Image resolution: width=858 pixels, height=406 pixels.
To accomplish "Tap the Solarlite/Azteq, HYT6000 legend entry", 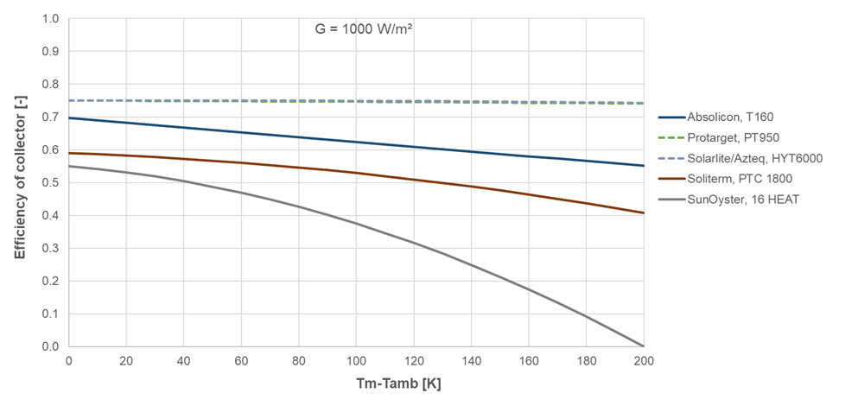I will [x=754, y=158].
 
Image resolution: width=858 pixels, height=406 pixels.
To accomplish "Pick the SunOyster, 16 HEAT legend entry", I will [x=742, y=200].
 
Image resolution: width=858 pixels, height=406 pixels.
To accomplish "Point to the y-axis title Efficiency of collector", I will [x=19, y=182].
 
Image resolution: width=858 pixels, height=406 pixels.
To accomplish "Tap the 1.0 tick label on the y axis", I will [x=52, y=19].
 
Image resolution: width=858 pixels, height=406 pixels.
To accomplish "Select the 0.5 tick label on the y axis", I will [x=52, y=183].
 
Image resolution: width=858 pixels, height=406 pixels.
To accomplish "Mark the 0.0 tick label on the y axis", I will [x=52, y=346].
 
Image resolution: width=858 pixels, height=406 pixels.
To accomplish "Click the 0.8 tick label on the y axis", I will [x=52, y=85].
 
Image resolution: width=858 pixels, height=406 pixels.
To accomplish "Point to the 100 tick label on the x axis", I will [x=356, y=359].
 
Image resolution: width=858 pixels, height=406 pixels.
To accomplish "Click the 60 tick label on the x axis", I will [x=241, y=359].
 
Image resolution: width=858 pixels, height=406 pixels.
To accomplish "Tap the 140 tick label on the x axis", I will [x=471, y=359].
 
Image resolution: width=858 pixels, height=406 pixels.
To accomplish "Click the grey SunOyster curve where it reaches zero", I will [x=643, y=346].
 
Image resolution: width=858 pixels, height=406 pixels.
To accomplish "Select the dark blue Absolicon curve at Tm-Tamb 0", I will [x=69, y=118].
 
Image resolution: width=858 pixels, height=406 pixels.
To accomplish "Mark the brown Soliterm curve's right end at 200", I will [x=643, y=213].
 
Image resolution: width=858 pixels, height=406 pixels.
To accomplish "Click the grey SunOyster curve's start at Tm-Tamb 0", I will [x=69, y=166].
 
